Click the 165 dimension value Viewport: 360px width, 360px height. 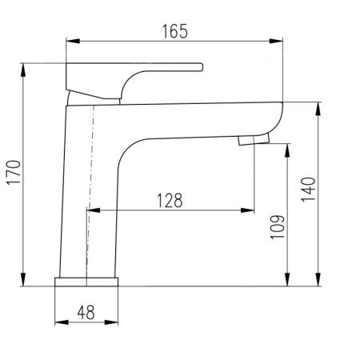[175, 31]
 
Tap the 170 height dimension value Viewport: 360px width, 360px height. [14, 172]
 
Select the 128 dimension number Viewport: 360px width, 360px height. [170, 201]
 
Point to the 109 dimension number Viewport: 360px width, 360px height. [278, 227]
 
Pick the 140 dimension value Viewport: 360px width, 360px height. [308, 190]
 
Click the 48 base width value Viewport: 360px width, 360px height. [86, 312]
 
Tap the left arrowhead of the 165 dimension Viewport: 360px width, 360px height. [73, 41]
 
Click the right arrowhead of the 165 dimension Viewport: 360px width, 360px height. [276, 41]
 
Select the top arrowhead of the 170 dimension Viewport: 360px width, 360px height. [23, 70]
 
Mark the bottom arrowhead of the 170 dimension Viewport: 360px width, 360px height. [23, 279]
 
